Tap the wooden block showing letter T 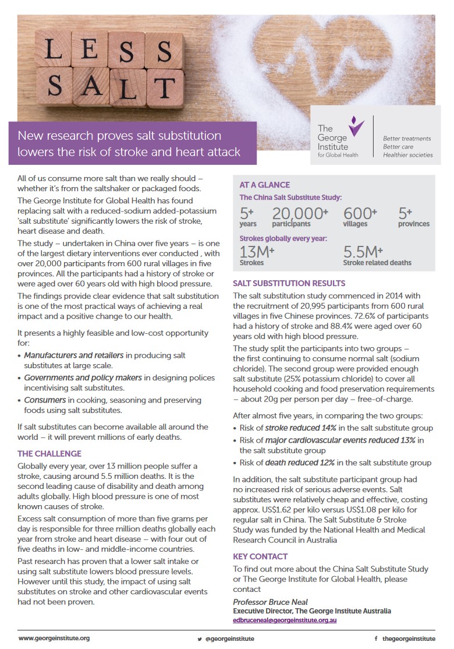coord(165,87)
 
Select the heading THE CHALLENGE coord(49,453)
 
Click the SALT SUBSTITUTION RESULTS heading coord(289,283)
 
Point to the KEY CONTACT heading coord(260,556)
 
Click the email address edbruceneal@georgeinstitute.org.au coord(285,620)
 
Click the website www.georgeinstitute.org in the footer coord(54,638)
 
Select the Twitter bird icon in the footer coord(199,639)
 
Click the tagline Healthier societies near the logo coord(407,155)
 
